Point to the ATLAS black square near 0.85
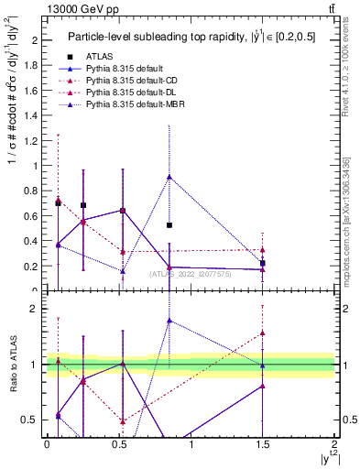169,224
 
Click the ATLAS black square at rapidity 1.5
263,264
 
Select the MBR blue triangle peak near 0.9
169,177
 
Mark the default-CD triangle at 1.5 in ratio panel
263,333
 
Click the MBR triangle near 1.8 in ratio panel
169,321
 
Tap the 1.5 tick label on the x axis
263,444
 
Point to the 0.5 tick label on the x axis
118,444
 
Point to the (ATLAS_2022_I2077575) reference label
190,273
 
